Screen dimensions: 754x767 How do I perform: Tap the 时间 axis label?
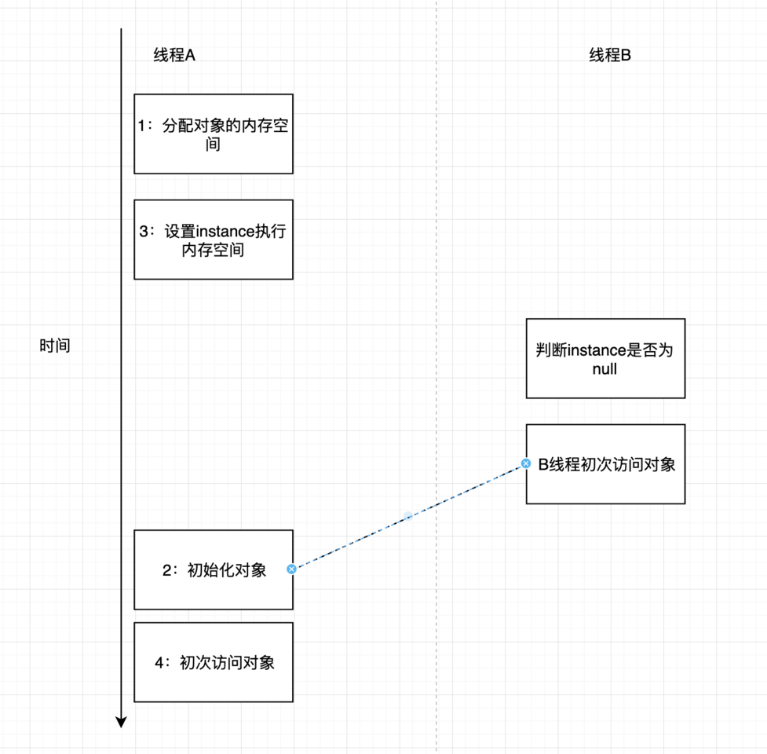tap(55, 346)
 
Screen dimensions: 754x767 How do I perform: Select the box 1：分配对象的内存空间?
tap(214, 134)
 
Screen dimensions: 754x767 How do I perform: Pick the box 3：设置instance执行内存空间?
tap(214, 240)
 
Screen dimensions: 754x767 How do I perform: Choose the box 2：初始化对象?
tap(214, 569)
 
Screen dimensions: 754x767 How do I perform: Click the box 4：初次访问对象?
tap(214, 662)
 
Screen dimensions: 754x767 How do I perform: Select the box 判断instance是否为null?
tap(605, 358)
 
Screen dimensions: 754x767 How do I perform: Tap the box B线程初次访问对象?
tap(605, 464)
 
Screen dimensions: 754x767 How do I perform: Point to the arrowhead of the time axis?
tap(121, 722)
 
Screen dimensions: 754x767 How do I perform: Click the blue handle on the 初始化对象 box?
tap(291, 569)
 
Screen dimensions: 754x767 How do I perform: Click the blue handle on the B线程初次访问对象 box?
tap(526, 464)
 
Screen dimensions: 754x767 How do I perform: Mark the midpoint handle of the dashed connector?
tap(408, 516)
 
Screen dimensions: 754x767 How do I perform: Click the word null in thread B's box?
tap(604, 368)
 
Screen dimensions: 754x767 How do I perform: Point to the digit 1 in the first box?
tap(142, 126)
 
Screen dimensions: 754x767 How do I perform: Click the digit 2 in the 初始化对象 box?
tap(166, 570)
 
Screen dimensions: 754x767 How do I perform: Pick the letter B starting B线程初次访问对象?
tap(542, 464)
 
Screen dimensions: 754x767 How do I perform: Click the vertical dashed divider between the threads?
tap(436, 236)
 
